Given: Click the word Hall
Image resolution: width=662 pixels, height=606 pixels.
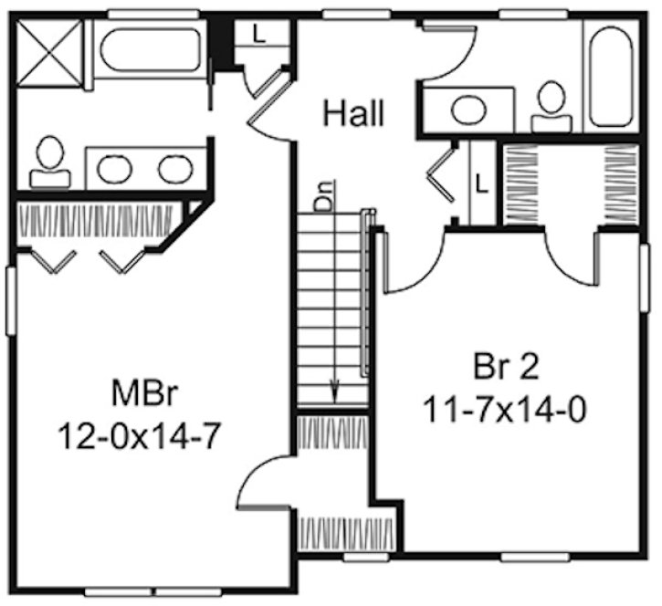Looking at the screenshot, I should click(353, 114).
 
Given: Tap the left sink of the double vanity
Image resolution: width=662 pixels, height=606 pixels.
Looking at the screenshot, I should click(114, 169).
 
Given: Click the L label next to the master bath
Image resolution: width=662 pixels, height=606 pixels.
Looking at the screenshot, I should click(258, 37).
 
